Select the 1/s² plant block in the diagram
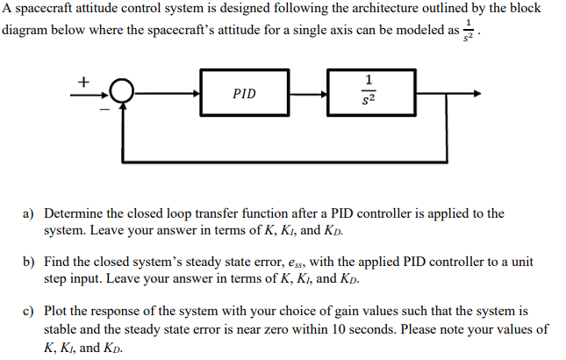(369, 92)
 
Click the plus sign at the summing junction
(84, 80)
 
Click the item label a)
(29, 213)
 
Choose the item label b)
(29, 263)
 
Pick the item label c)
(29, 312)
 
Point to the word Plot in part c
(57, 312)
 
